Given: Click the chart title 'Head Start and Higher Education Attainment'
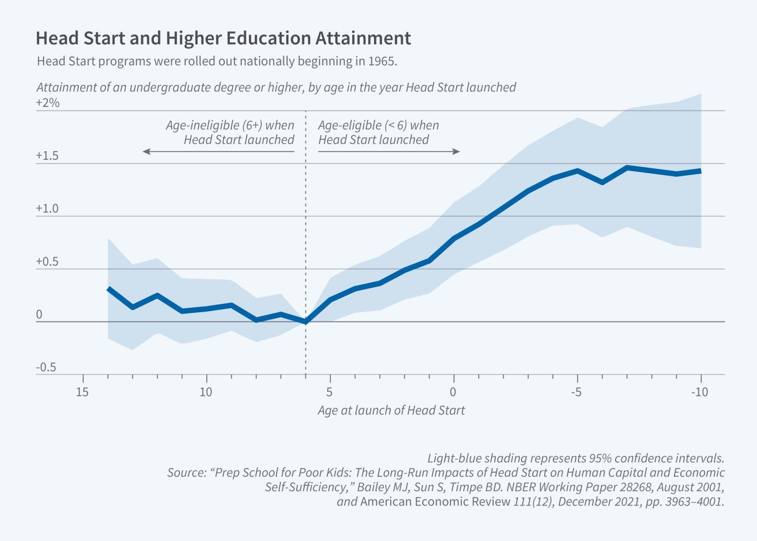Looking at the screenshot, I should pyautogui.click(x=223, y=39).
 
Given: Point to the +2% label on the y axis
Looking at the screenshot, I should pyautogui.click(x=48, y=103).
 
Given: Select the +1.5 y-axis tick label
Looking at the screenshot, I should pyautogui.click(x=47, y=156).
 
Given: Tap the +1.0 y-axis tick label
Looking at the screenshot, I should pyautogui.click(x=47, y=209).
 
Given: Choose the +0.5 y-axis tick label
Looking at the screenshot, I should pyautogui.click(x=47, y=262).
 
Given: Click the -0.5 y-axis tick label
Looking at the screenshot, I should pyautogui.click(x=46, y=367).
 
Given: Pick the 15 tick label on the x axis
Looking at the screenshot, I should pyautogui.click(x=82, y=392).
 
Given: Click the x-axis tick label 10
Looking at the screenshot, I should pyautogui.click(x=206, y=392).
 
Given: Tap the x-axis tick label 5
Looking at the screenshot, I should pyautogui.click(x=330, y=392).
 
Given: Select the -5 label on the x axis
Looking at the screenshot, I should pyautogui.click(x=576, y=392).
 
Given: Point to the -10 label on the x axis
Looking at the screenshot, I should pyautogui.click(x=699, y=392).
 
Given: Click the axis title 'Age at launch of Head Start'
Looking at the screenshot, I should pyautogui.click(x=391, y=410).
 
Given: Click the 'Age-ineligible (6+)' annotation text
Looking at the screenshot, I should pyautogui.click(x=230, y=125).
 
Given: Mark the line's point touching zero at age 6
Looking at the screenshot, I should pyautogui.click(x=306, y=321).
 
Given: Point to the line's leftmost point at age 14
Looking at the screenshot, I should pyautogui.click(x=109, y=289).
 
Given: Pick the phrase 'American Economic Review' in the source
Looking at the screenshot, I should pyautogui.click(x=435, y=501).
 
